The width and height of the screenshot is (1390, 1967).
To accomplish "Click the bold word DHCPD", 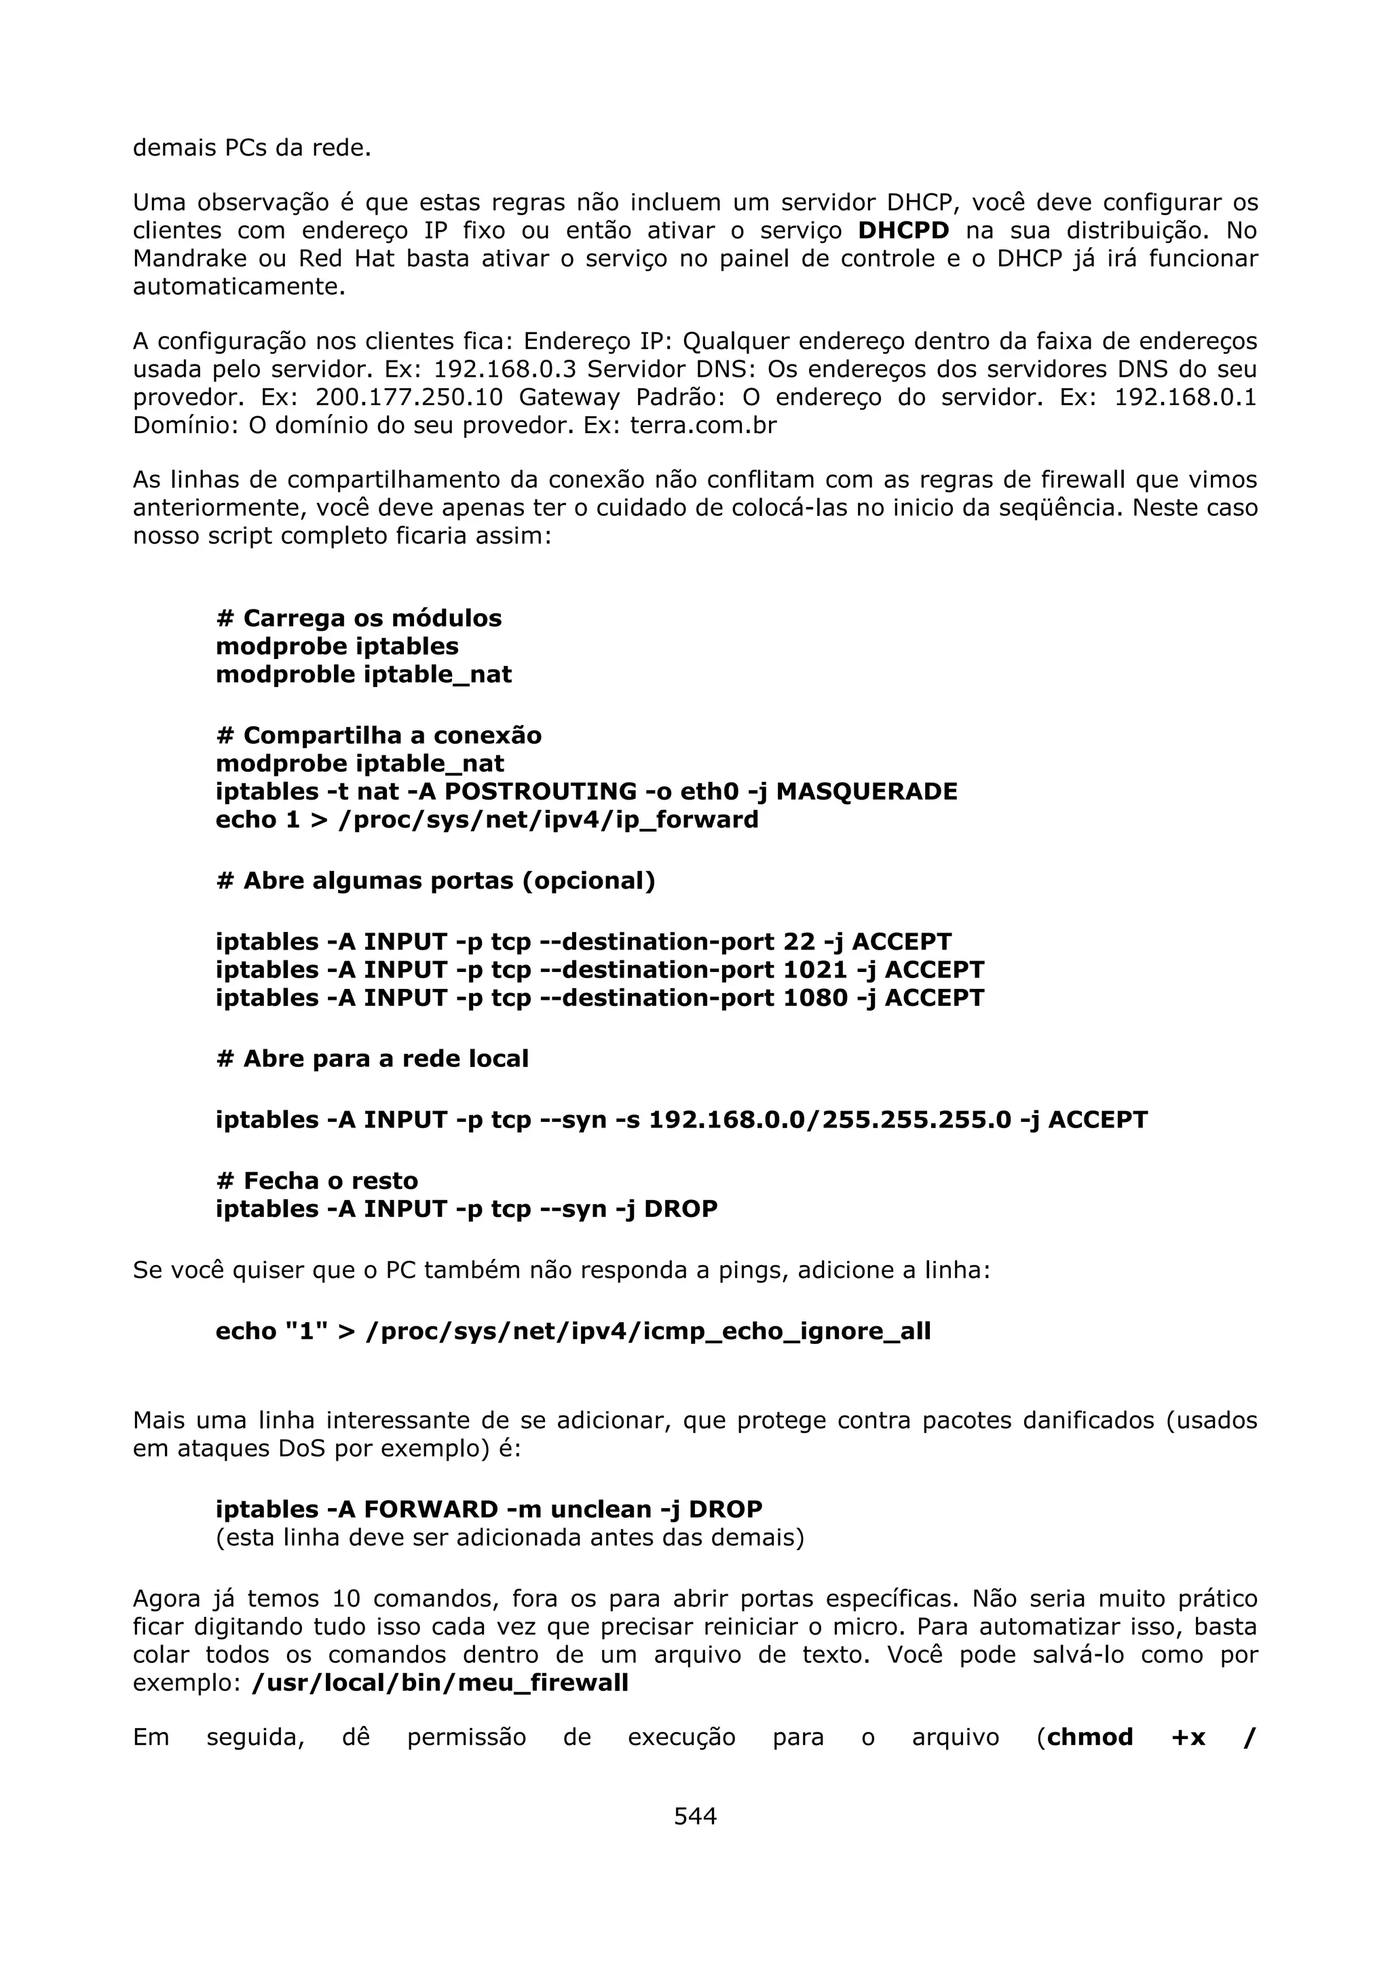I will [x=903, y=231].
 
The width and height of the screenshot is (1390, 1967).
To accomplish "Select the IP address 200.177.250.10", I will [x=409, y=398].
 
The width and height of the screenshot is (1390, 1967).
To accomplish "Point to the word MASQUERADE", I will [x=866, y=791].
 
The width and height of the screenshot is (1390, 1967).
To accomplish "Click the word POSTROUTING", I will [x=540, y=791].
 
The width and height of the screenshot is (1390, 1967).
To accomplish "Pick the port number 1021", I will [x=815, y=970].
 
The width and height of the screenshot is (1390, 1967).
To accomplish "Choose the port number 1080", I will [x=815, y=998].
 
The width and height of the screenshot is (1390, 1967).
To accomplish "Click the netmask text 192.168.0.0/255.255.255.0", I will [x=829, y=1121].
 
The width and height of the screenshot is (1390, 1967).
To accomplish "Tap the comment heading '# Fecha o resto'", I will [x=317, y=1182].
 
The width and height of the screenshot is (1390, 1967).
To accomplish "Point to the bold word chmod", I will [x=1089, y=1738].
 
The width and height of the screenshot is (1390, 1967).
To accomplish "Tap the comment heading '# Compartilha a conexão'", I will [x=379, y=736].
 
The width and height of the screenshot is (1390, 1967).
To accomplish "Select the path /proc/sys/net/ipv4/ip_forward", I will [x=548, y=820].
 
